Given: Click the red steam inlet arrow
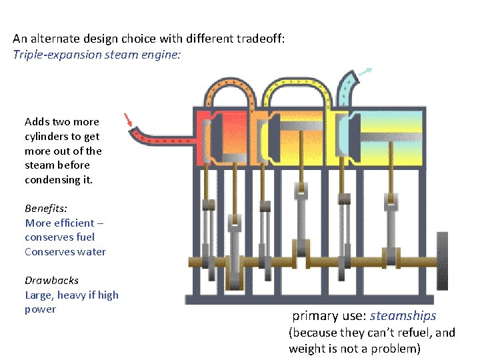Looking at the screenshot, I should click(129, 120).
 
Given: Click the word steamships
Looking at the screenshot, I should click(403, 315).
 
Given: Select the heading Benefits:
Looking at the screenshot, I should click(46, 208).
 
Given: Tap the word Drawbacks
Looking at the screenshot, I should click(51, 280).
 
